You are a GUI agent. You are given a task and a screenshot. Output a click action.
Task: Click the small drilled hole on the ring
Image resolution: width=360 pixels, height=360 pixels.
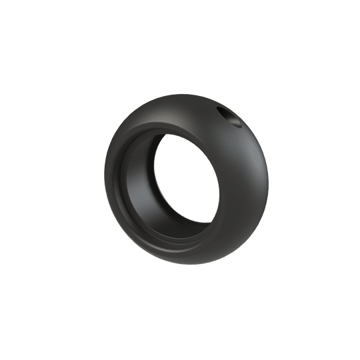(x=231, y=119)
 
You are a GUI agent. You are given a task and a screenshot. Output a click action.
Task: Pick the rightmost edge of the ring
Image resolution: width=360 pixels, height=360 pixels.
(x=269, y=177)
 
